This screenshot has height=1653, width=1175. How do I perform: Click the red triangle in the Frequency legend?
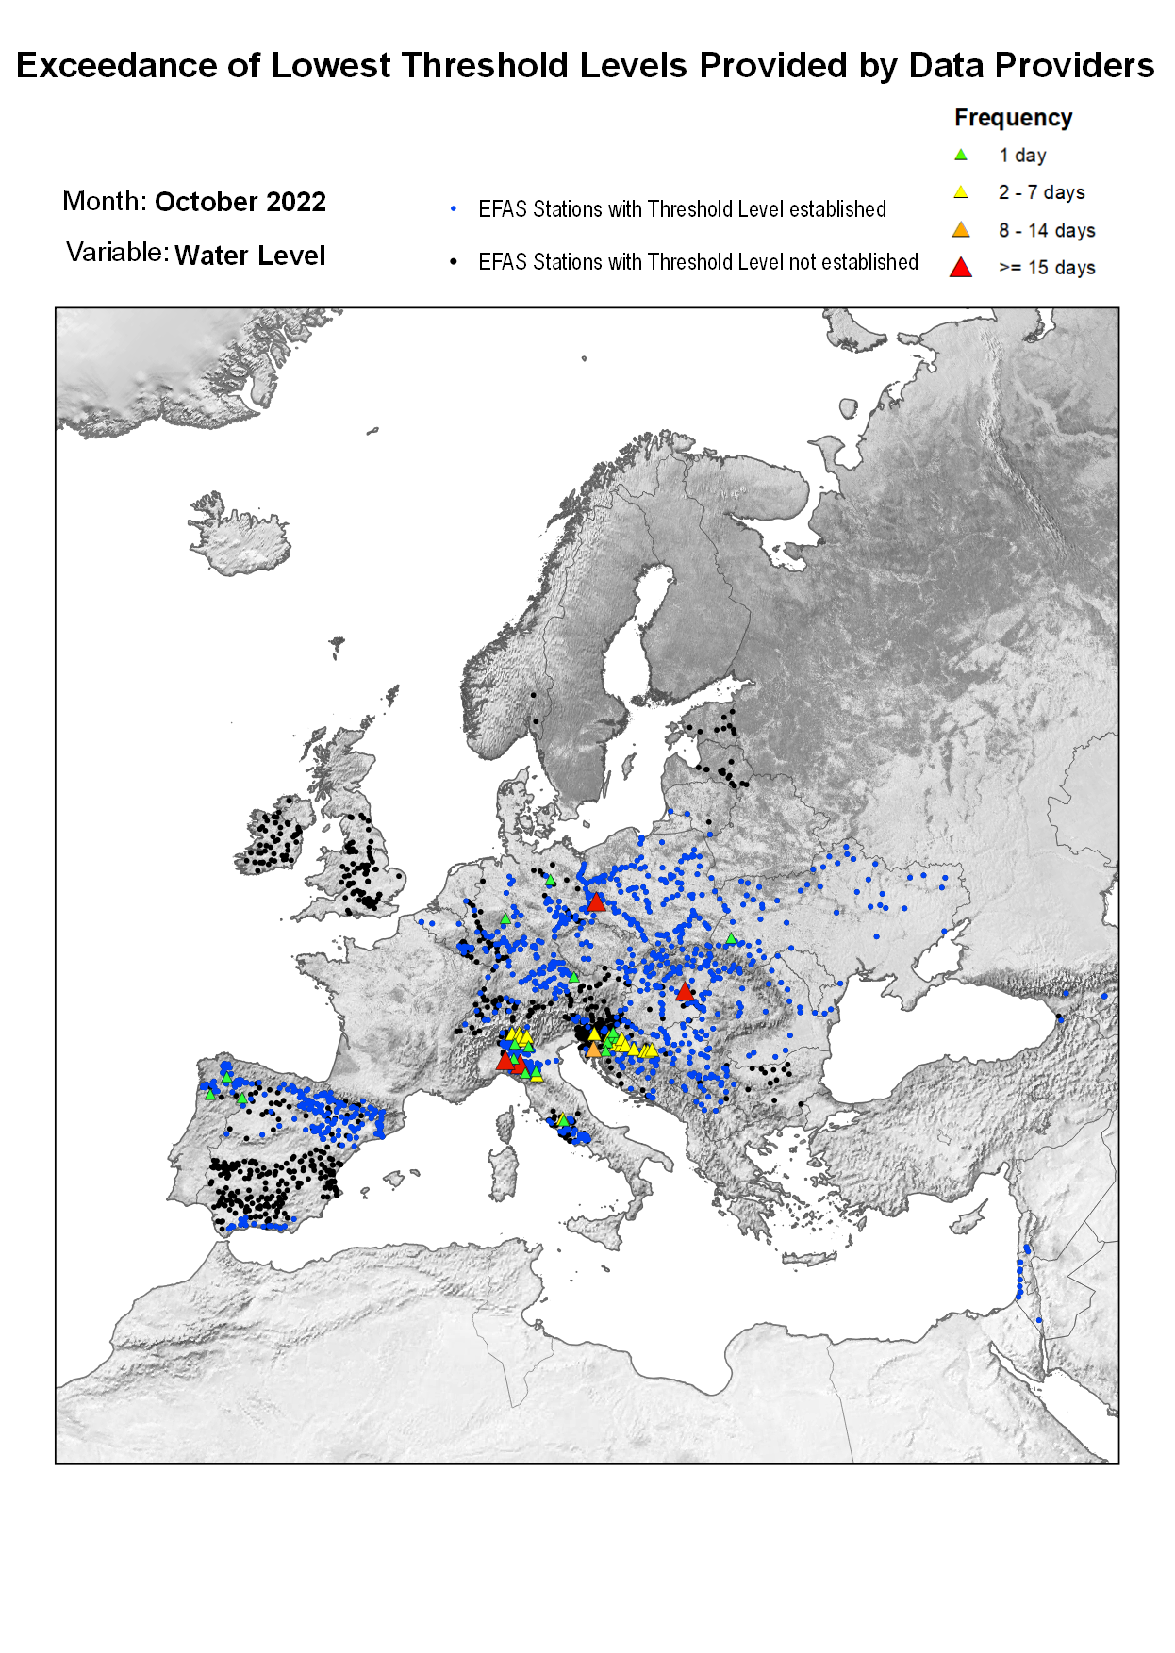pos(960,268)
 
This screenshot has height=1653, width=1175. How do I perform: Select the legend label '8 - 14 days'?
pos(1047,230)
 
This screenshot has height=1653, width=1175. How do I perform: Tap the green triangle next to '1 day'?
pos(960,155)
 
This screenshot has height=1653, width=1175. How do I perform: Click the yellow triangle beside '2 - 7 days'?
pos(960,192)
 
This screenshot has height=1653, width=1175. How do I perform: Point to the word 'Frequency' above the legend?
pos(1013,118)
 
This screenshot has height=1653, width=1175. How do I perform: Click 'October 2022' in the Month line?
pos(240,202)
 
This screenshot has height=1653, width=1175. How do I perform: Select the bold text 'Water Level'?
pos(250,256)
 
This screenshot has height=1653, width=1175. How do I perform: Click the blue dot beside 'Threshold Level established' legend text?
pos(454,209)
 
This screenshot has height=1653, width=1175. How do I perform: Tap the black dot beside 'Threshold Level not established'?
pos(454,262)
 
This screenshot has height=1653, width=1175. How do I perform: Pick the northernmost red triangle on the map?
pos(595,903)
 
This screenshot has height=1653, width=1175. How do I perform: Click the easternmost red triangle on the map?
pos(686,992)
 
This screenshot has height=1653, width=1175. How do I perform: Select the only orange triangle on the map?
pos(592,1050)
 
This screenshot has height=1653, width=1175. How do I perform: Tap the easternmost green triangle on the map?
pos(731,938)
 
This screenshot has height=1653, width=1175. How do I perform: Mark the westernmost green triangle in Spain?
pos(210,1095)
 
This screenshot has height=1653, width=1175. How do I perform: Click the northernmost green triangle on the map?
pos(550,881)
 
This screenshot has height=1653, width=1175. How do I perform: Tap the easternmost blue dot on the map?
pos(1104,996)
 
